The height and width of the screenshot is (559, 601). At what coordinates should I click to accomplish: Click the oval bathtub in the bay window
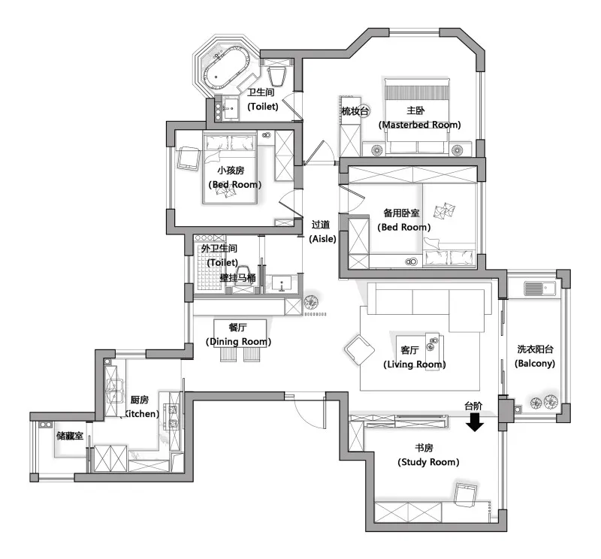tap(227, 68)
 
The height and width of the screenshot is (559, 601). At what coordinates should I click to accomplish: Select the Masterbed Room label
tap(419, 125)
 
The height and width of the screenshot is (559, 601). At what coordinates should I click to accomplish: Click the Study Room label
tap(428, 462)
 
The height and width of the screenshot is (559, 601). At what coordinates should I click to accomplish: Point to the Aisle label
tap(322, 239)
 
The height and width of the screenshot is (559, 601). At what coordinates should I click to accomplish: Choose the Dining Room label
tap(238, 342)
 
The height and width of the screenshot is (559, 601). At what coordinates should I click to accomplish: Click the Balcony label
tap(535, 364)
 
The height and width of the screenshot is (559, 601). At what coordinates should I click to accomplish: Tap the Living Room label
tap(415, 364)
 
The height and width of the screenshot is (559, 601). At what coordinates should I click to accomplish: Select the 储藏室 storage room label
tap(70, 436)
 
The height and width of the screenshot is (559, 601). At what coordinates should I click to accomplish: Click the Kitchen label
tap(140, 414)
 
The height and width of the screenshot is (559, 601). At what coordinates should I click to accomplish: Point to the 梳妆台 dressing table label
tap(355, 111)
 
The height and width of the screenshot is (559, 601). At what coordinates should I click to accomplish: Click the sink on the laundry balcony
tap(539, 288)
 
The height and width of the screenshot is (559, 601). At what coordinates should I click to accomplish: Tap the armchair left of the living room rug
tap(359, 349)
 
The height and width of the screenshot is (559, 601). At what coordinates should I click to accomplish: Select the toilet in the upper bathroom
tap(277, 77)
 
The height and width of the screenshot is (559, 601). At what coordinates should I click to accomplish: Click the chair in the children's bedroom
tap(189, 158)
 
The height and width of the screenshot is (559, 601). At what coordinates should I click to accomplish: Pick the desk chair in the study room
tap(465, 494)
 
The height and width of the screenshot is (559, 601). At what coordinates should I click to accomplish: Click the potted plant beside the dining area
tap(311, 302)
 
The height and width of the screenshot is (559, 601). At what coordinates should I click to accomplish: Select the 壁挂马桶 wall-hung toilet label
tap(237, 278)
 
